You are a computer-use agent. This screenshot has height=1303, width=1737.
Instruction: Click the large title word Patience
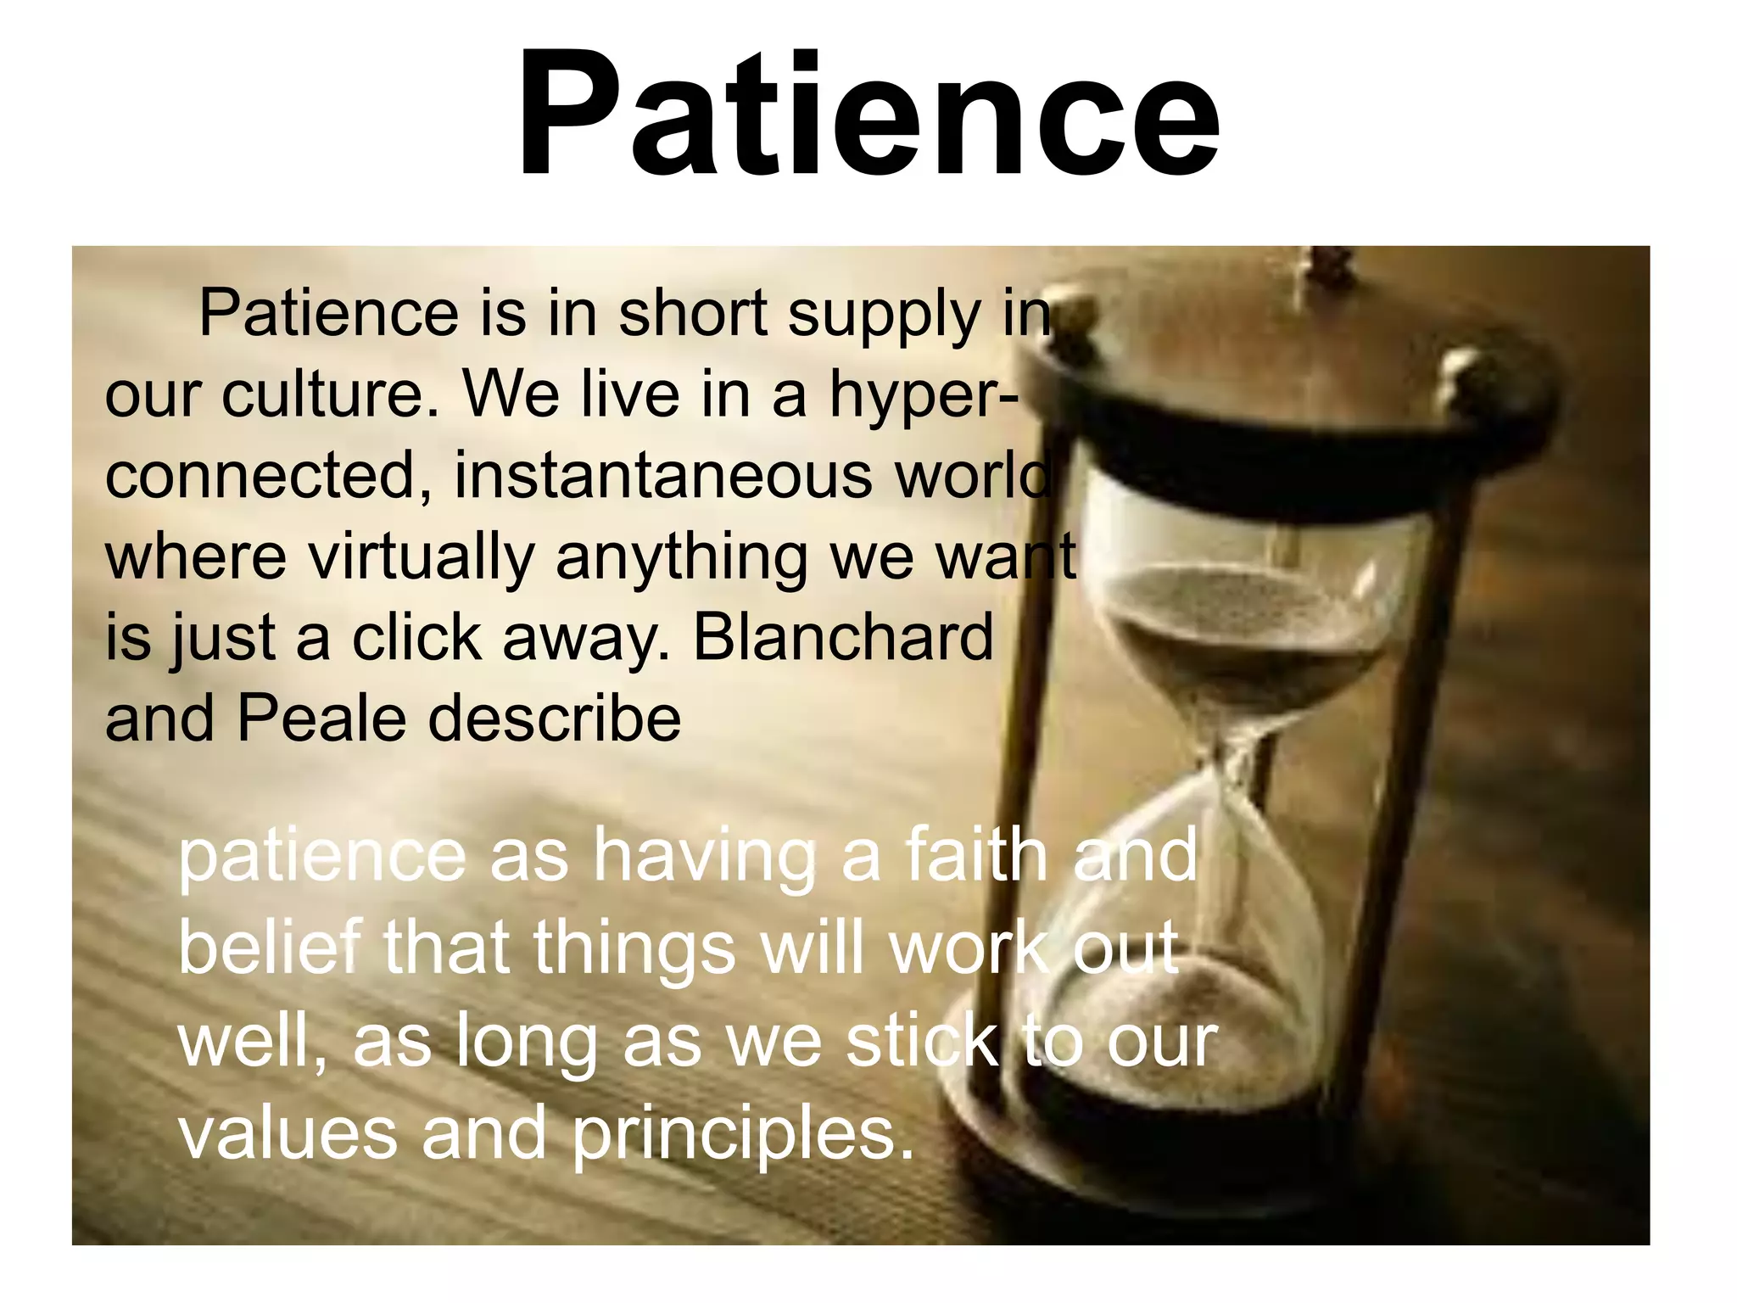[x=868, y=115]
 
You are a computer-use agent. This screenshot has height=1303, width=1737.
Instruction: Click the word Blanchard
[x=843, y=638]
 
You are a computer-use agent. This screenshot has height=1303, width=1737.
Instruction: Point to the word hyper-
[x=924, y=397]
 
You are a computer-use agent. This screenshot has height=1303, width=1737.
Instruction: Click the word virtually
[x=421, y=557]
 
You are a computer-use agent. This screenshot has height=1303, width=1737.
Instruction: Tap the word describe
[x=555, y=719]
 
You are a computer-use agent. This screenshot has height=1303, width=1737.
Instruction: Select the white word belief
[x=271, y=948]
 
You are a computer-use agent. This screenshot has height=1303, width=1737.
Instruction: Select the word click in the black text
[x=416, y=638]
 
